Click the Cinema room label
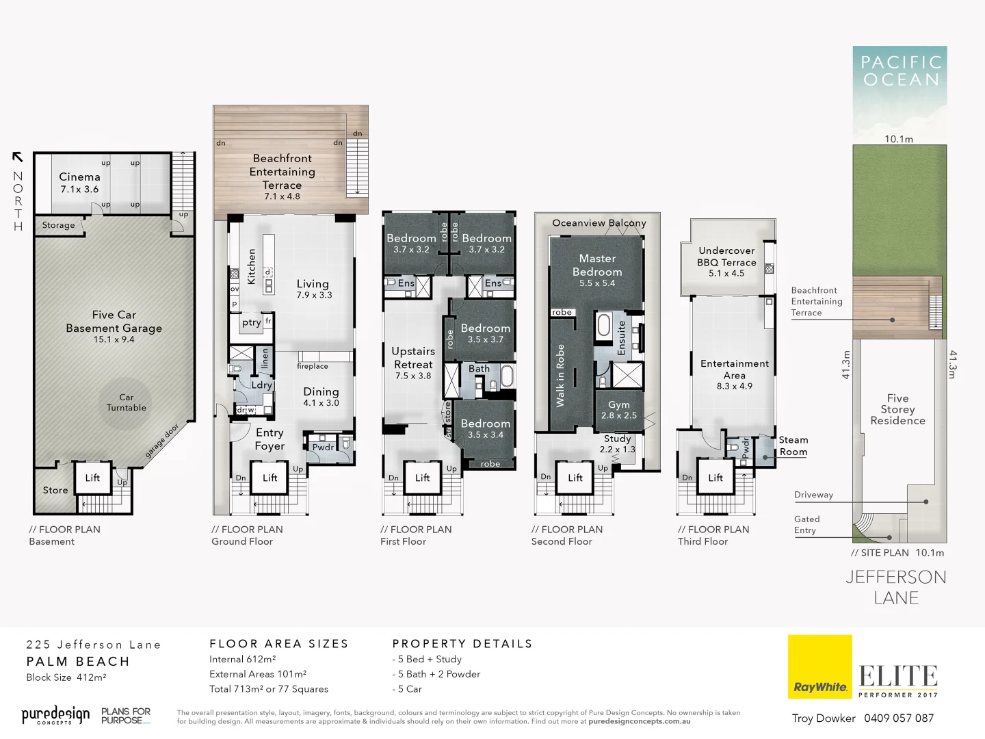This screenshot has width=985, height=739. click(79, 177)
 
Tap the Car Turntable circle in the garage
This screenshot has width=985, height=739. click(126, 402)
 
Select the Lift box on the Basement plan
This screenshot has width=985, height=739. click(92, 478)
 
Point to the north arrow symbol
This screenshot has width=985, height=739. click(18, 157)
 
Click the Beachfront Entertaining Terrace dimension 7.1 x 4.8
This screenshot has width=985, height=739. click(282, 196)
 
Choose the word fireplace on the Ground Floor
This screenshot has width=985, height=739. click(313, 366)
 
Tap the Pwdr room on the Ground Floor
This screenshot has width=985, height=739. click(323, 448)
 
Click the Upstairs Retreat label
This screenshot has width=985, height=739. click(413, 357)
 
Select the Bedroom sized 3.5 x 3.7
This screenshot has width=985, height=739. click(485, 333)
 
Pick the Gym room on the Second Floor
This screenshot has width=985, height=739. click(618, 409)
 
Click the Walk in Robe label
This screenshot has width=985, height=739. click(560, 376)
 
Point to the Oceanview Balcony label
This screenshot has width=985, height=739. click(599, 223)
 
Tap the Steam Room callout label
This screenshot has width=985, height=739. click(793, 445)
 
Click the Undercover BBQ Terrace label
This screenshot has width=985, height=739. click(726, 257)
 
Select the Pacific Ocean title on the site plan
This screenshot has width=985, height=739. click(900, 71)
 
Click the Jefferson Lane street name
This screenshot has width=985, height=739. click(896, 587)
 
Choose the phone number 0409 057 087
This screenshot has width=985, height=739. click(898, 718)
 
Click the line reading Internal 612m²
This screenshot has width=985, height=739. click(242, 659)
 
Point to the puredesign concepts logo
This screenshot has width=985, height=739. click(55, 716)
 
